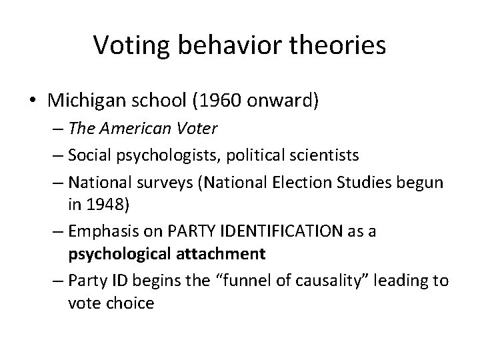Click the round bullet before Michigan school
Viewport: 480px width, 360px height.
pyautogui.click(x=33, y=101)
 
